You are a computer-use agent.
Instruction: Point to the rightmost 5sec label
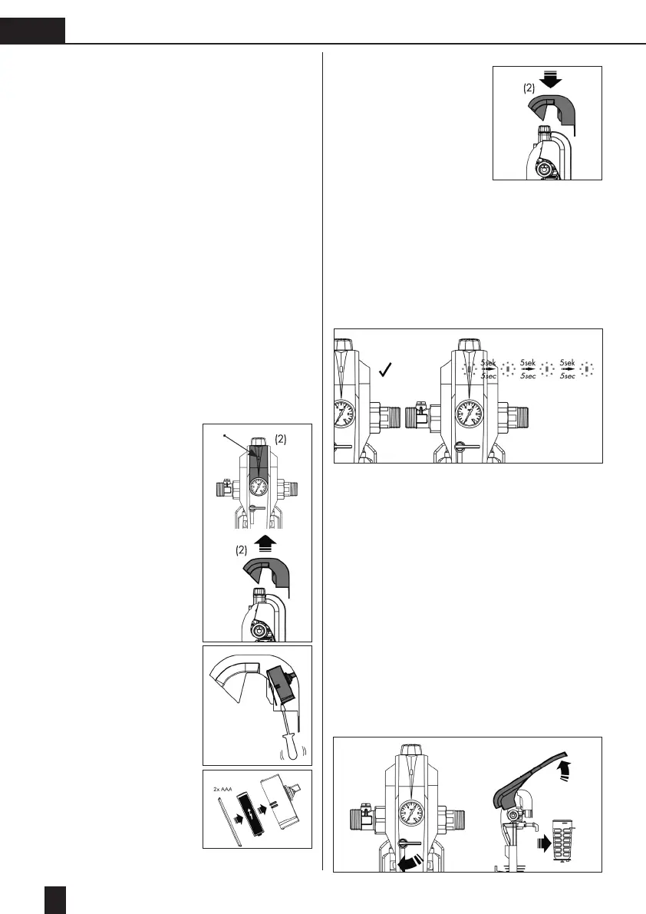[569, 377]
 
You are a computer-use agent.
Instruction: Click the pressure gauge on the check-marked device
[342, 417]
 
